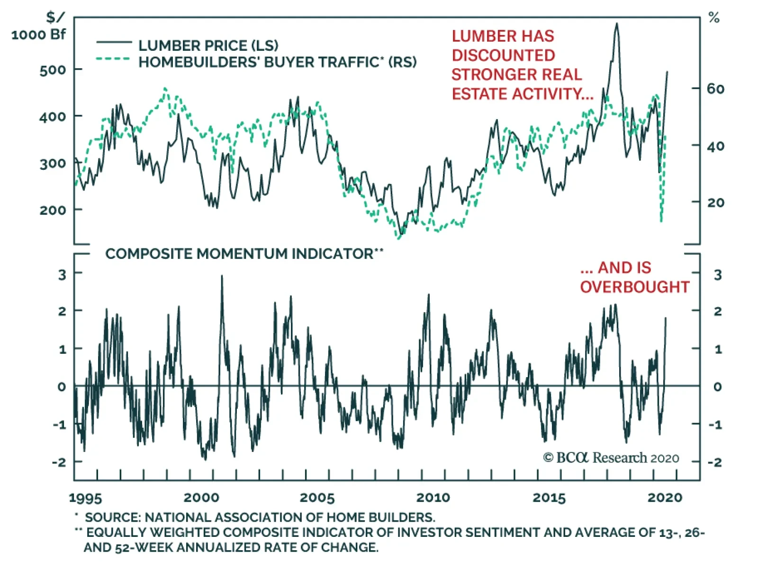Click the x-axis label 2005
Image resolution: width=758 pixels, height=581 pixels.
(317, 498)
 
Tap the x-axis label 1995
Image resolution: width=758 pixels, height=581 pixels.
(85, 498)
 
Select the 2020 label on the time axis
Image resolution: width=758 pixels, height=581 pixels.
(665, 498)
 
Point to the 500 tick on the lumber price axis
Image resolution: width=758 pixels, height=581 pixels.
(53, 70)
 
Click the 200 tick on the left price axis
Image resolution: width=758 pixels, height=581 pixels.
(53, 210)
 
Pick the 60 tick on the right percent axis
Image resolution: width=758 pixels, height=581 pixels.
(715, 89)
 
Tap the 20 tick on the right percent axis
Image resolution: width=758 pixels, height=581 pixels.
(715, 203)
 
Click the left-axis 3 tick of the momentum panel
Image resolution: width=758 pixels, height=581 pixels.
(62, 274)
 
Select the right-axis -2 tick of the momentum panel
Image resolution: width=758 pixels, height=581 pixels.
(715, 462)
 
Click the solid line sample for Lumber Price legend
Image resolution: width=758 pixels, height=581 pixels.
(114, 43)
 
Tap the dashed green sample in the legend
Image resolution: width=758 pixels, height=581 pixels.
(114, 59)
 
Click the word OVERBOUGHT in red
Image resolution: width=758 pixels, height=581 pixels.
(634, 287)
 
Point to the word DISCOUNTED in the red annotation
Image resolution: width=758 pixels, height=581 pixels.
(503, 55)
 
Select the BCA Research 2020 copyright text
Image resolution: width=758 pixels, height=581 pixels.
(611, 458)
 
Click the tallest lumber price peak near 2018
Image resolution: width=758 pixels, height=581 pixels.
(616, 24)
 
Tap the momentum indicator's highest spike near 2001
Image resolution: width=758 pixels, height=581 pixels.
(222, 276)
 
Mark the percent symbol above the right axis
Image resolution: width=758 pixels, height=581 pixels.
(714, 18)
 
